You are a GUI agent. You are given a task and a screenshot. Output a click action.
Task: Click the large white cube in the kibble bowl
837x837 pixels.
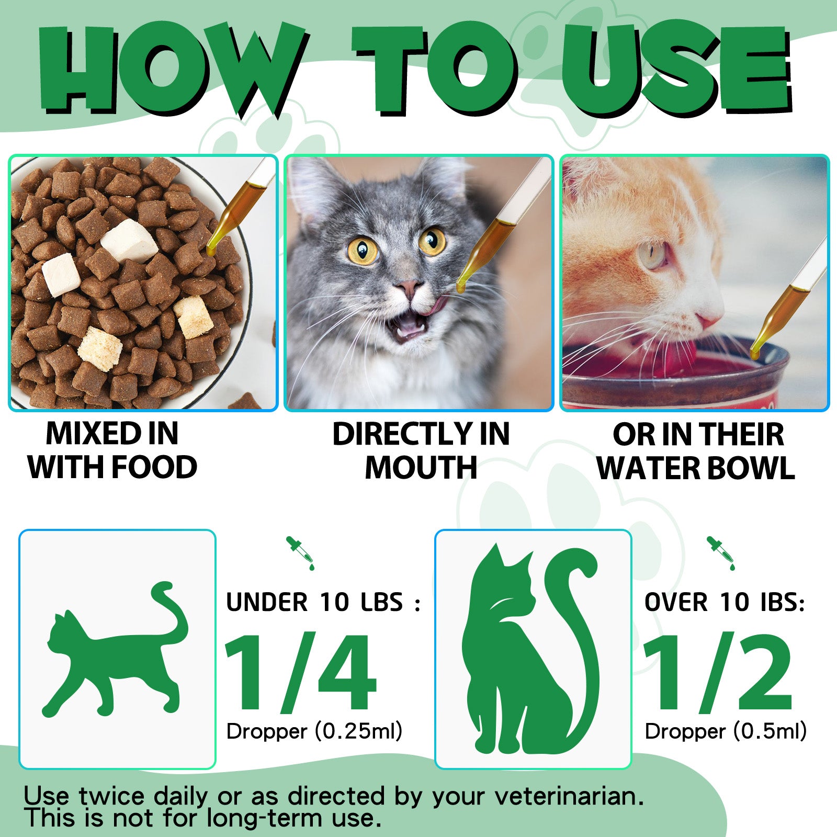click(129, 240)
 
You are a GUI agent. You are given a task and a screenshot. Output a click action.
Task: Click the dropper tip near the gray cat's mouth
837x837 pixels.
click(461, 287)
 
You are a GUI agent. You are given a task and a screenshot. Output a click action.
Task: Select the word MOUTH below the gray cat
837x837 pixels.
click(421, 467)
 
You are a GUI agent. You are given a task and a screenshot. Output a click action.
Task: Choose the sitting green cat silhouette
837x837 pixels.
click(528, 649)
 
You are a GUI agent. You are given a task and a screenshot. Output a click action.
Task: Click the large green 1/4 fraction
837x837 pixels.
click(300, 673)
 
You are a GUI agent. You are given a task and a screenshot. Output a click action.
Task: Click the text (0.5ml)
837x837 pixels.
click(770, 731)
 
